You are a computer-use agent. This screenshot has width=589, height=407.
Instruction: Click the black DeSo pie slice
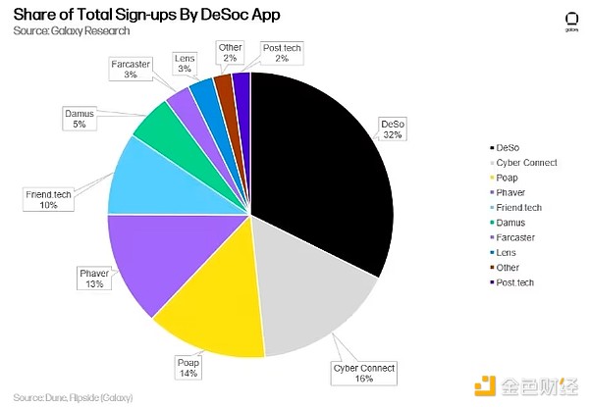(x=314, y=167)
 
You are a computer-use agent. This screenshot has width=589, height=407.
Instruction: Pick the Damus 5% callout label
(x=80, y=119)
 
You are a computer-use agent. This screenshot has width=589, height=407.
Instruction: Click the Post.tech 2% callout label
(x=283, y=53)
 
